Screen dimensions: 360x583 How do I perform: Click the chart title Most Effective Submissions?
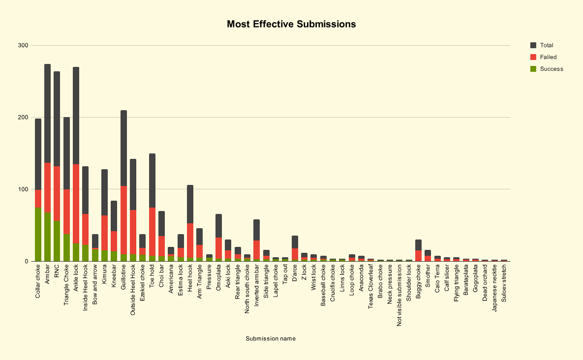[x=291, y=24]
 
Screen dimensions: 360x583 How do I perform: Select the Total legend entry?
[x=547, y=45]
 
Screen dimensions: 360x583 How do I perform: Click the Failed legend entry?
[x=548, y=57]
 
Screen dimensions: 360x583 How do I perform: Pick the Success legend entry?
[x=551, y=69]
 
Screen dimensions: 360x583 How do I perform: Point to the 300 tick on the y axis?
[x=23, y=46]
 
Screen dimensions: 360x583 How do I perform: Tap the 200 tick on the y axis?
[x=23, y=118]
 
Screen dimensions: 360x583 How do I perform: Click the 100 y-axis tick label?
[x=23, y=189]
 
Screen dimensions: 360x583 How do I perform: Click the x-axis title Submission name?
[x=271, y=338]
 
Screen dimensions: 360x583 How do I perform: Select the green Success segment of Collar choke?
[x=38, y=234]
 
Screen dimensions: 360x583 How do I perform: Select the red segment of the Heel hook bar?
[x=190, y=240]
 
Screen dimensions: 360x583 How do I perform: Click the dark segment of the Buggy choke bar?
[x=418, y=245]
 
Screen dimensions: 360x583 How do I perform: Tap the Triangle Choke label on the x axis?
[x=66, y=285]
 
